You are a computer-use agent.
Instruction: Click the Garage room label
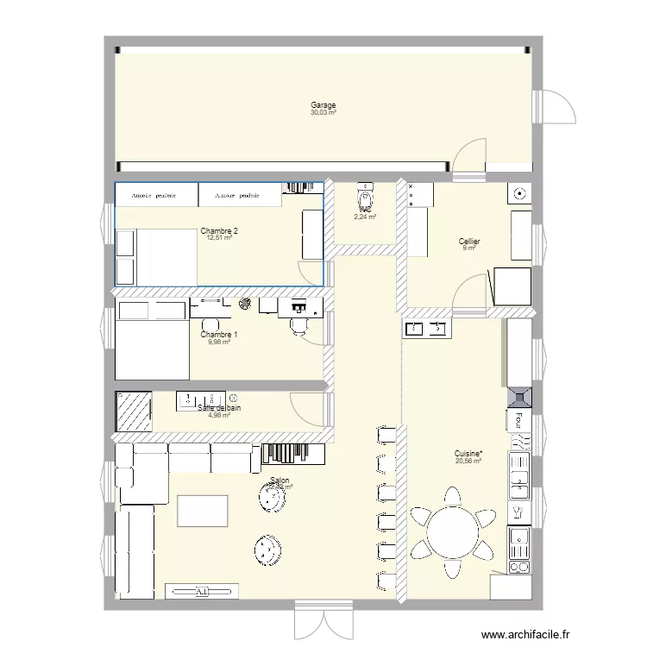(x=323, y=105)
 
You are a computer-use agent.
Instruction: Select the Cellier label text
(x=469, y=242)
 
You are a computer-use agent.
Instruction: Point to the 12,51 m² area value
(x=219, y=238)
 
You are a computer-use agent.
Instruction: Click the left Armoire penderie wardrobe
(x=155, y=195)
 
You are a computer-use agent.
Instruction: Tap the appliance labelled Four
(x=519, y=420)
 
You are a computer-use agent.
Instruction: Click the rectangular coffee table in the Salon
(x=203, y=511)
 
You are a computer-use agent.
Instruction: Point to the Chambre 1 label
(x=219, y=335)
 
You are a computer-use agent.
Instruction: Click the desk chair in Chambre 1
(x=299, y=323)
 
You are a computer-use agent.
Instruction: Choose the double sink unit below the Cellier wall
(x=426, y=329)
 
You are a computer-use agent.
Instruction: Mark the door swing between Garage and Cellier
(x=471, y=159)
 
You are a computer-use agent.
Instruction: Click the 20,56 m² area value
(x=468, y=461)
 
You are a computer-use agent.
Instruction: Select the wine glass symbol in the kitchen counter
(x=518, y=512)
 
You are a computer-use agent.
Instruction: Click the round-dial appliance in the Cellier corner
(x=520, y=194)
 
